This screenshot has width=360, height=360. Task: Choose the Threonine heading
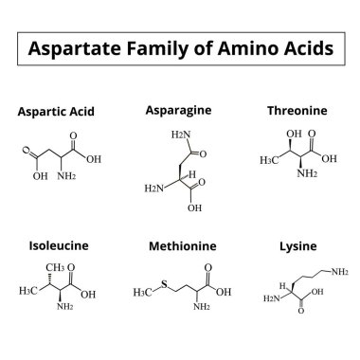297,111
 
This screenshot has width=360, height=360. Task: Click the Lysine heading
297,246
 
